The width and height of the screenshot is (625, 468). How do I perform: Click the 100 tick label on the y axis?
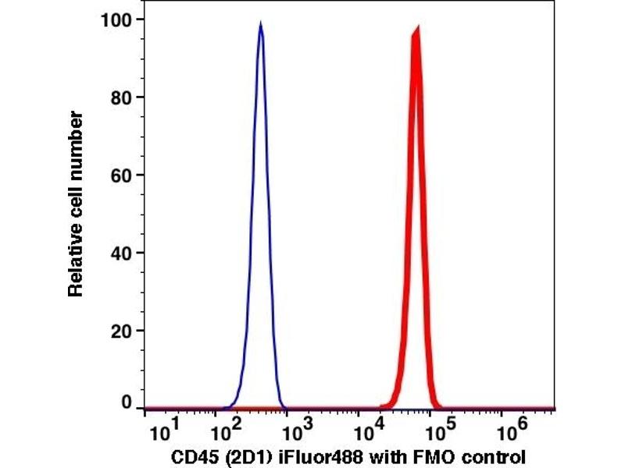tap(116, 19)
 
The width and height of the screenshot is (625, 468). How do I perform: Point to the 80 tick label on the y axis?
tap(120, 97)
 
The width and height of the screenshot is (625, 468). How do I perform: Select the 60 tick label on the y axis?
tap(120, 175)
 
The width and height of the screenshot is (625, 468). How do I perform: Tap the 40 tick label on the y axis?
tap(120, 253)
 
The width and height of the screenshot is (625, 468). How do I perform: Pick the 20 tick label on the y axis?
tap(120, 331)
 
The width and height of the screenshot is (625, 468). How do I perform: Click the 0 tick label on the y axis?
tap(126, 403)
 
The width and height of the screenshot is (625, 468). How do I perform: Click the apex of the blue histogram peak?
tap(260, 23)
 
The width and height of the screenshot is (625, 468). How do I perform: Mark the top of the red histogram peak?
tap(417, 28)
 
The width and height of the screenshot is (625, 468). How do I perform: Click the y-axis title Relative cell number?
tap(76, 204)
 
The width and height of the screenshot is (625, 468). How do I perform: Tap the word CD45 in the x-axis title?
tap(191, 456)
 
